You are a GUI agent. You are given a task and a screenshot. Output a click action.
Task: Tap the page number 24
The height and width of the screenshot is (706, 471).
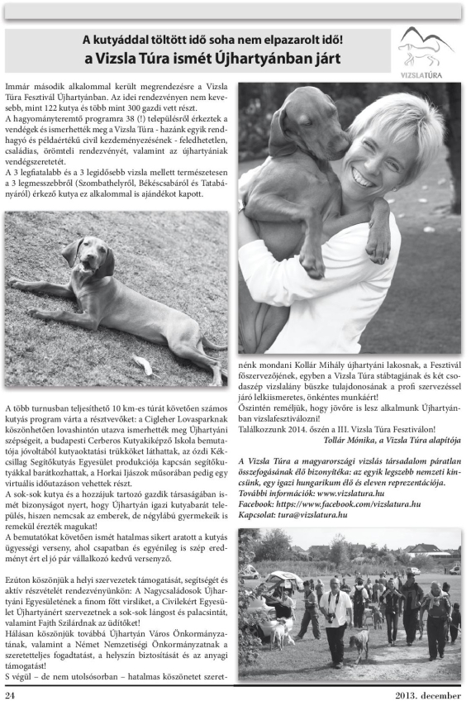coord(11,695)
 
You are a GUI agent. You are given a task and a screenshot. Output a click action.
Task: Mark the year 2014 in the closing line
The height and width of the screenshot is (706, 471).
coord(296,429)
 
